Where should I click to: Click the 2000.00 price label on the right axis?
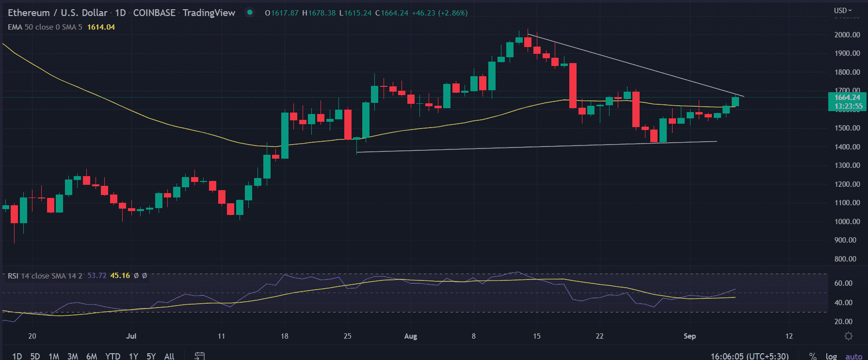[847, 35]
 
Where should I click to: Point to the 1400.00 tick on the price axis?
[847, 147]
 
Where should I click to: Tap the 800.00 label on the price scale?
[847, 259]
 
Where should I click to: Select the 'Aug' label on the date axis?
[411, 336]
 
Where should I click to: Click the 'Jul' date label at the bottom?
[131, 336]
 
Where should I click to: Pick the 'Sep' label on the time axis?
[690, 336]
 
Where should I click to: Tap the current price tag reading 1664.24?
[847, 98]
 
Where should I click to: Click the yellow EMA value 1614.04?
[101, 27]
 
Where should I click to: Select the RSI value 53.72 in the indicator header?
[96, 276]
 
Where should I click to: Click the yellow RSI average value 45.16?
[120, 276]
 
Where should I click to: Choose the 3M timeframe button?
[73, 356]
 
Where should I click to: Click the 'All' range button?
[169, 356]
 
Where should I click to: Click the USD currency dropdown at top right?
[843, 10]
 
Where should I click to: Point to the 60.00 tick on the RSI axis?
[843, 283]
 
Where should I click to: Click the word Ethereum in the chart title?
[29, 13]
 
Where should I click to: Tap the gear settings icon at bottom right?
[849, 336]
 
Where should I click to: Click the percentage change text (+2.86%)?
[453, 13]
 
